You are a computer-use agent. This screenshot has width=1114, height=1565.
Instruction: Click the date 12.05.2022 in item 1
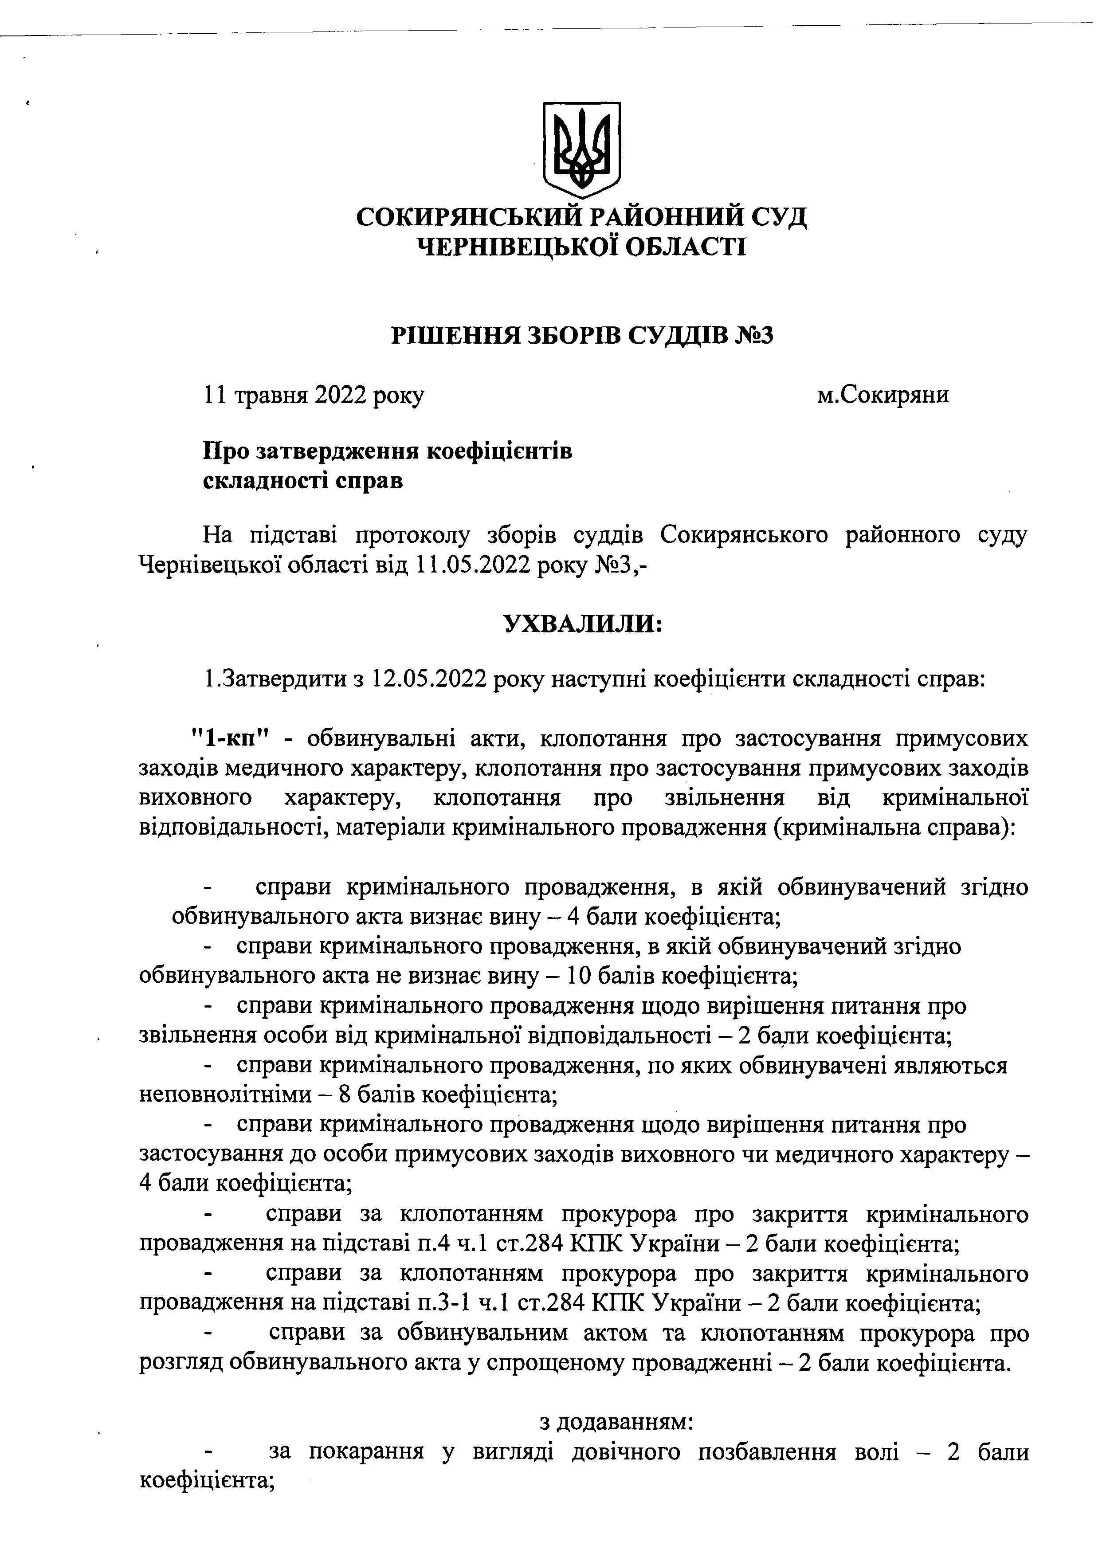coord(429,680)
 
